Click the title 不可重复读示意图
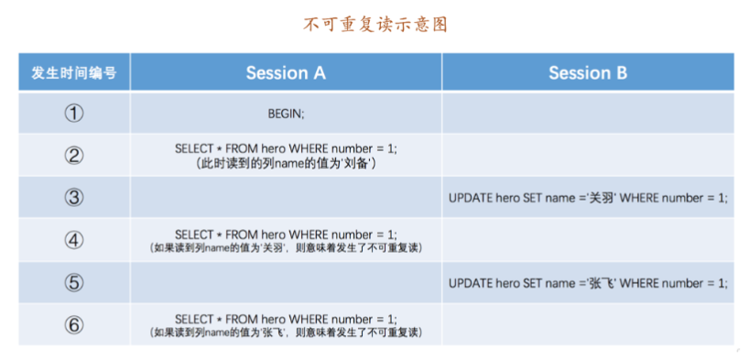(x=375, y=25)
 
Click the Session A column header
(x=286, y=72)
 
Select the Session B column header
(x=588, y=72)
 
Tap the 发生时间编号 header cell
(x=74, y=72)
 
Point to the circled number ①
(x=74, y=114)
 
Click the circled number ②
(x=74, y=155)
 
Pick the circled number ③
(x=74, y=197)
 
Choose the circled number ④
(x=74, y=240)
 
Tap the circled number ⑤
(x=74, y=282)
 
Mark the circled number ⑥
(x=74, y=324)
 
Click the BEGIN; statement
(x=286, y=114)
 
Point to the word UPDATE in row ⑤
(x=467, y=283)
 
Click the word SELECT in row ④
(x=194, y=235)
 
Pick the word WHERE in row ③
(x=637, y=198)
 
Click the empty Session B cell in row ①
(x=588, y=114)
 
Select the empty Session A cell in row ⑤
(x=286, y=282)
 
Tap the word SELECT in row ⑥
(x=194, y=320)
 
